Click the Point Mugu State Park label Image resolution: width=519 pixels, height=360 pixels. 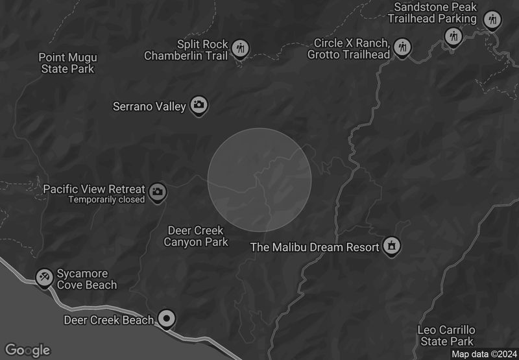(67, 63)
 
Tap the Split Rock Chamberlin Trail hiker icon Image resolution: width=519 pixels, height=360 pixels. (241, 48)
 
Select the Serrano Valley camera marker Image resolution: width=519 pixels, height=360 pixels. (199, 105)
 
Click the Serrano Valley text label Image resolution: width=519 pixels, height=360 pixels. (149, 106)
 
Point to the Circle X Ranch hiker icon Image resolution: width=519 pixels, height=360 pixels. (403, 47)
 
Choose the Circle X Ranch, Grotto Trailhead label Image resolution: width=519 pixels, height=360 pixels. (352, 49)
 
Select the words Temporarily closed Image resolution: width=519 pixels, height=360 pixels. (106, 200)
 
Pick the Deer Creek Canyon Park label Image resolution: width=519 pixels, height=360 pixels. (195, 236)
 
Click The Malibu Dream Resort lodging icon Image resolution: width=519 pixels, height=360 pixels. (391, 246)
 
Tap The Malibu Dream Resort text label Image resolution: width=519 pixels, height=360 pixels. (315, 247)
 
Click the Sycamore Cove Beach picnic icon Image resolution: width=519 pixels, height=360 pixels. (44, 277)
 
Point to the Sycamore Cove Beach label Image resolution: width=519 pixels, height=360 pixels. (87, 280)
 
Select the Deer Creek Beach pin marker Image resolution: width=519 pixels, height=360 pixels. (167, 318)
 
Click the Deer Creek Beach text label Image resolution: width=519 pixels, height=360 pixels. (108, 320)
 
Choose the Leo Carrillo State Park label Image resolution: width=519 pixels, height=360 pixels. (446, 335)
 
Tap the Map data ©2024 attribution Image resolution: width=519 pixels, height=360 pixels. (483, 354)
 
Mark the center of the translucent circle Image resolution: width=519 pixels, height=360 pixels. (259, 180)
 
